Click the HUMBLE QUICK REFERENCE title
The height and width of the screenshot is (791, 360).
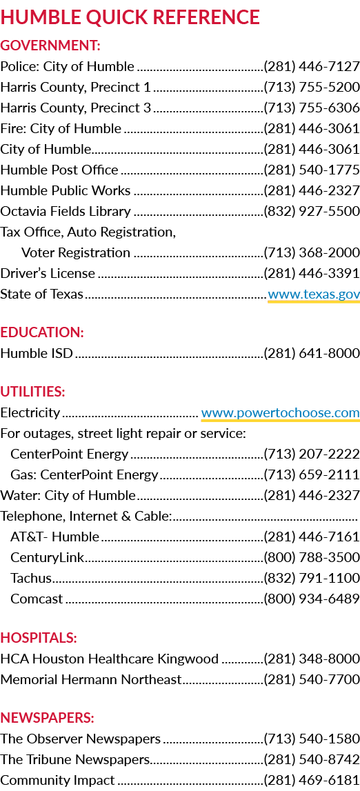click(130, 17)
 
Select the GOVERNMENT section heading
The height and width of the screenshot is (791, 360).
click(50, 46)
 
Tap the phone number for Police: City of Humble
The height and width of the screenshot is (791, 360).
click(312, 67)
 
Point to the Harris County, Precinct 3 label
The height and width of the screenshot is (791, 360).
click(76, 108)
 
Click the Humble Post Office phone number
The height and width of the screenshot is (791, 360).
click(312, 170)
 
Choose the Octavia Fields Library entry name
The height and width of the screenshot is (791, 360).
click(66, 212)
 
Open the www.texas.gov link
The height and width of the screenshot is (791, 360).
click(314, 294)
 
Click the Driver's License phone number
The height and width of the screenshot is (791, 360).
click(312, 273)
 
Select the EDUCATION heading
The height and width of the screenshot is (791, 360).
click(42, 332)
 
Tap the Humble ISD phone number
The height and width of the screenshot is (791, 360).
click(312, 353)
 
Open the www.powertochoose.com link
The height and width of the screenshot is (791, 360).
click(280, 413)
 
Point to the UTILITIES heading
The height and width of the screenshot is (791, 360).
click(33, 392)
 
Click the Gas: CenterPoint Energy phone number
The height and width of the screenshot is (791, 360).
click(312, 474)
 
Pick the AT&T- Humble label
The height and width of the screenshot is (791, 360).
click(55, 537)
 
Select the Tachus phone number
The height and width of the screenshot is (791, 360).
click(312, 578)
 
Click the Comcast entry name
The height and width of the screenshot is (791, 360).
click(37, 599)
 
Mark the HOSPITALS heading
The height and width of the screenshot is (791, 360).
click(39, 638)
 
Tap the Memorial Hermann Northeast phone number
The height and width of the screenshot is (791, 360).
click(312, 679)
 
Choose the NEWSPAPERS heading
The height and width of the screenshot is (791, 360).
click(48, 717)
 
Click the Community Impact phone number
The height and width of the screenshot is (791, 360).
click(312, 781)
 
